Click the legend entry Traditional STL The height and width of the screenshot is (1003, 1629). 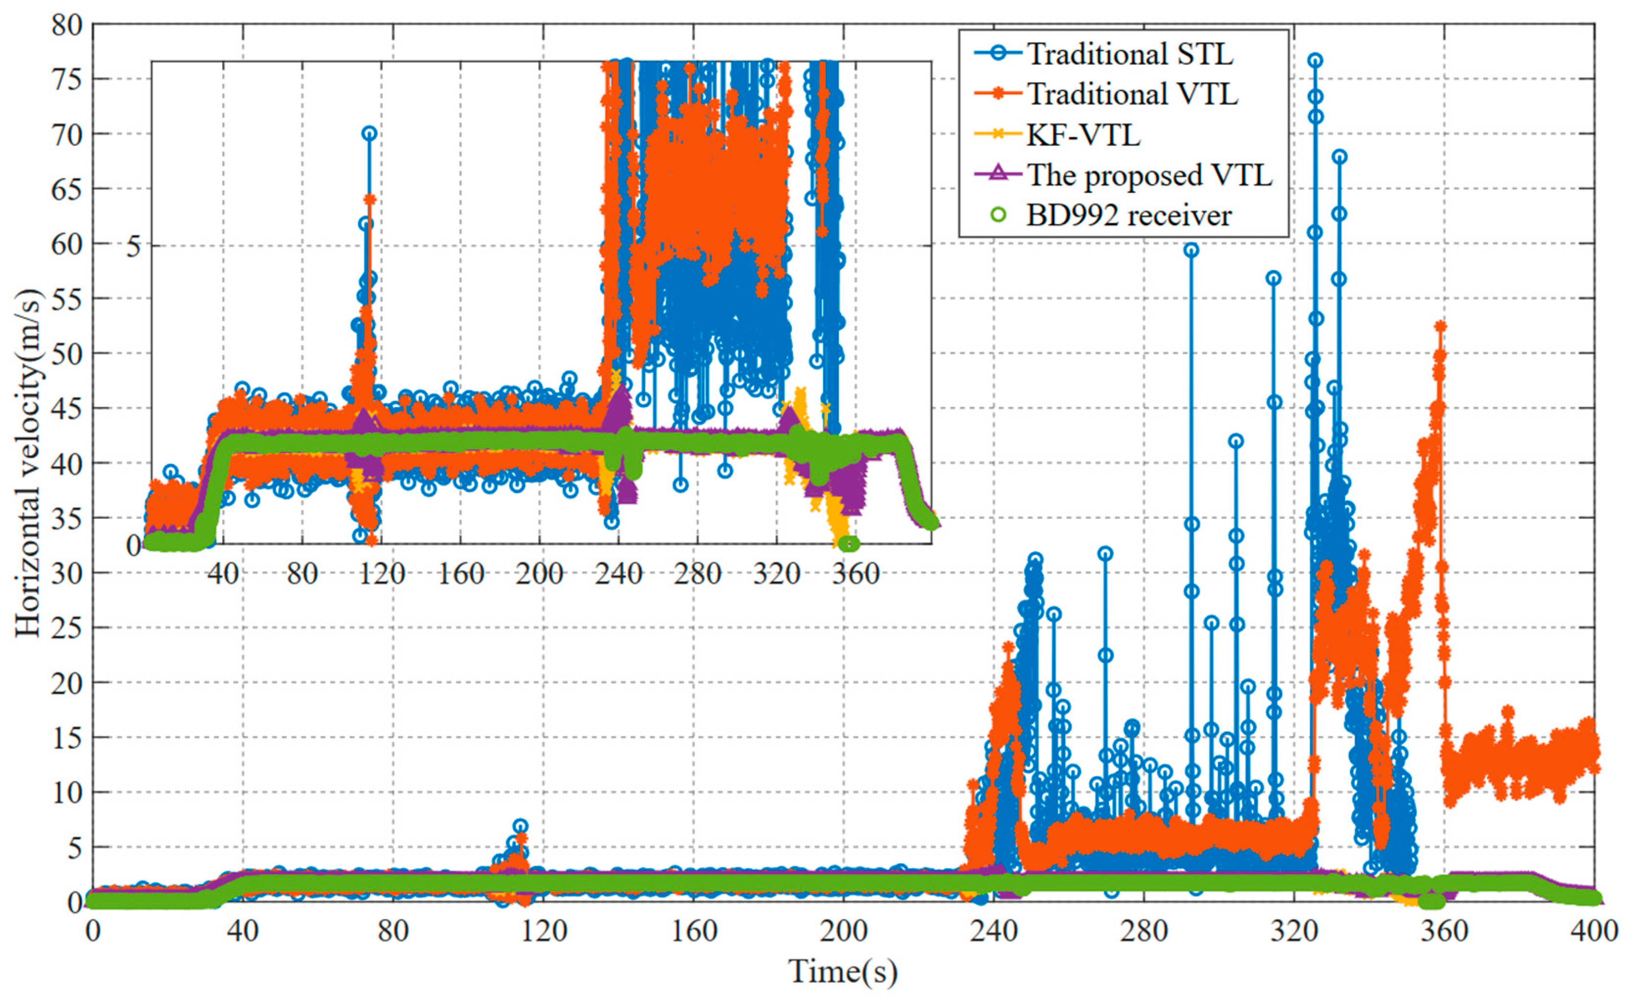pyautogui.click(x=1129, y=54)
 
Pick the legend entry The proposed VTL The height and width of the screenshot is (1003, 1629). pyautogui.click(x=1149, y=175)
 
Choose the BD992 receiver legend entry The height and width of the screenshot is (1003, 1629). pyautogui.click(x=1129, y=216)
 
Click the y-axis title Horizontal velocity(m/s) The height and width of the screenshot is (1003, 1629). pyautogui.click(x=28, y=462)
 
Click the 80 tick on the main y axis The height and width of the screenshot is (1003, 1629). pyautogui.click(x=67, y=25)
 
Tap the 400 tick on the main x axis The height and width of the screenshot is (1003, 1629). pyautogui.click(x=1594, y=932)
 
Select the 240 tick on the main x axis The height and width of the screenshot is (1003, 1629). pyautogui.click(x=993, y=932)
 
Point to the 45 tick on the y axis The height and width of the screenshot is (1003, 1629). pyautogui.click(x=67, y=408)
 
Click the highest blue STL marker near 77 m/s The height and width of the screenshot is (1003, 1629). pyautogui.click(x=1315, y=60)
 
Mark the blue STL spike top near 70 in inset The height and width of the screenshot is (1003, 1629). pyautogui.click(x=369, y=134)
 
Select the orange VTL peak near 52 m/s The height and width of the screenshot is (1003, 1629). pyautogui.click(x=1440, y=326)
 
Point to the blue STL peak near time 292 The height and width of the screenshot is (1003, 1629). pyautogui.click(x=1191, y=250)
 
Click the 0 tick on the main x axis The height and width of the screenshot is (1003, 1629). pyautogui.click(x=92, y=932)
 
